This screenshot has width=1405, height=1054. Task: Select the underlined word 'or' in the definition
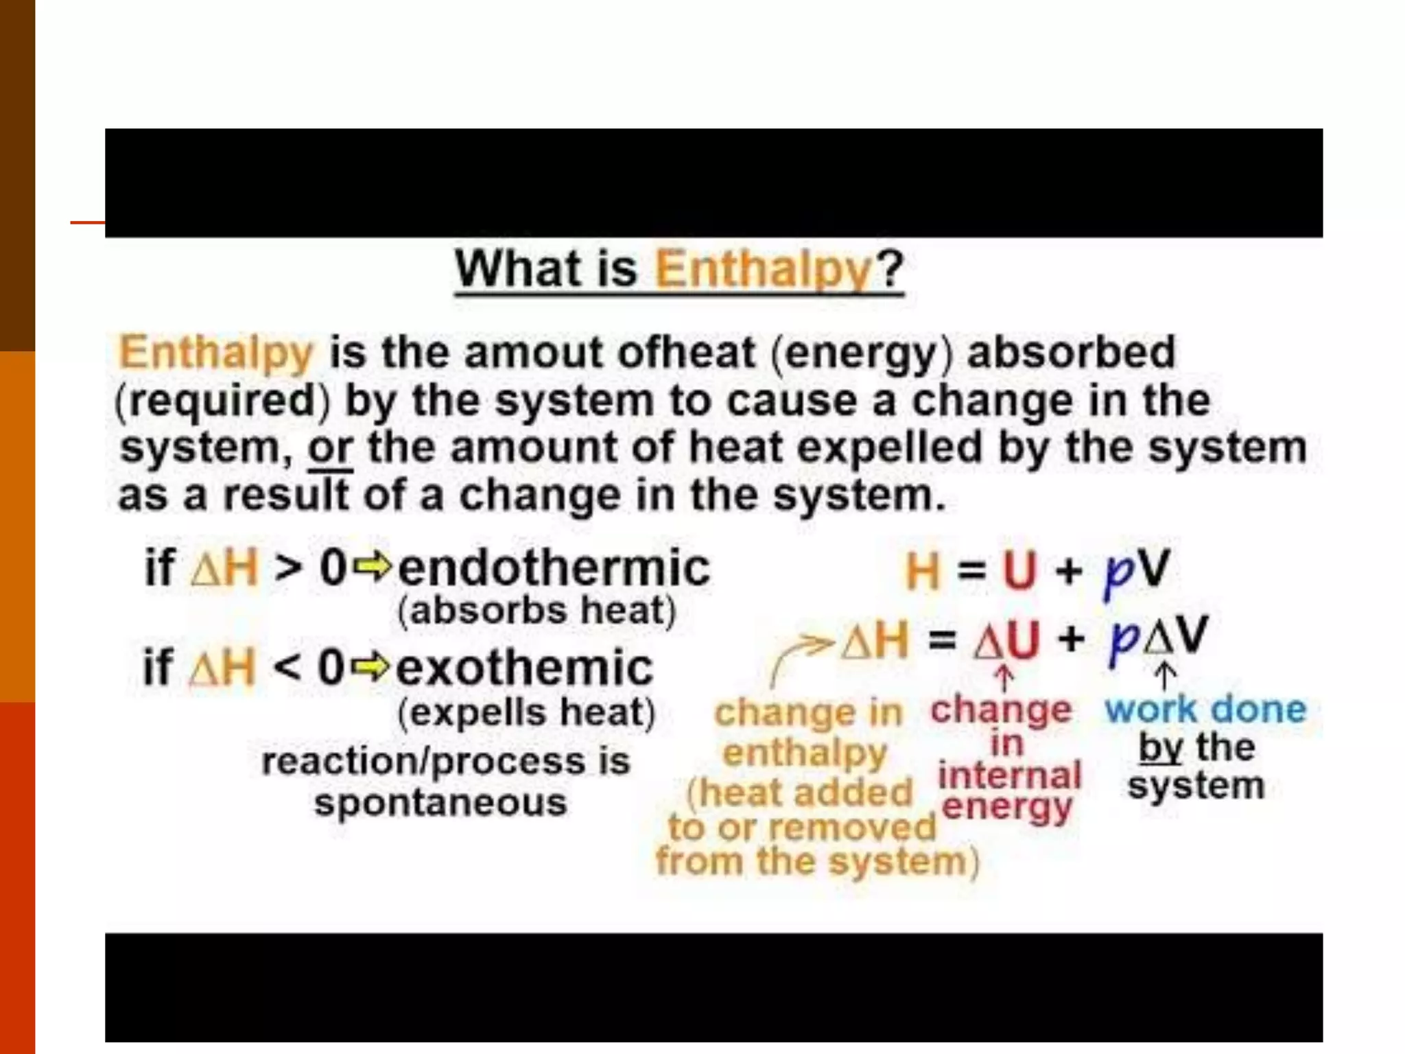(330, 449)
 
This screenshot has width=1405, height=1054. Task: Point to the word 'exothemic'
(525, 668)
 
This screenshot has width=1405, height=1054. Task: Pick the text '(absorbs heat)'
(536, 611)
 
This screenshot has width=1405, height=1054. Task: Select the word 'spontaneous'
(440, 802)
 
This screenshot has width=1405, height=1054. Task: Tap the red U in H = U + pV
(1019, 570)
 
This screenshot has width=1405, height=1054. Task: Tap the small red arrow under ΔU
(1004, 679)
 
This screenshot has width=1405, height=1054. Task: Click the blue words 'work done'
(1205, 710)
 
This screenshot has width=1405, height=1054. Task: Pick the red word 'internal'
(1009, 776)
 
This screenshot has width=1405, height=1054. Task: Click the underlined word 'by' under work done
(1160, 748)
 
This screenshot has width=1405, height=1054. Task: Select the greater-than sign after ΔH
(287, 568)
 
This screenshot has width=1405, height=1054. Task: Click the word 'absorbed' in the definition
(1071, 353)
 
